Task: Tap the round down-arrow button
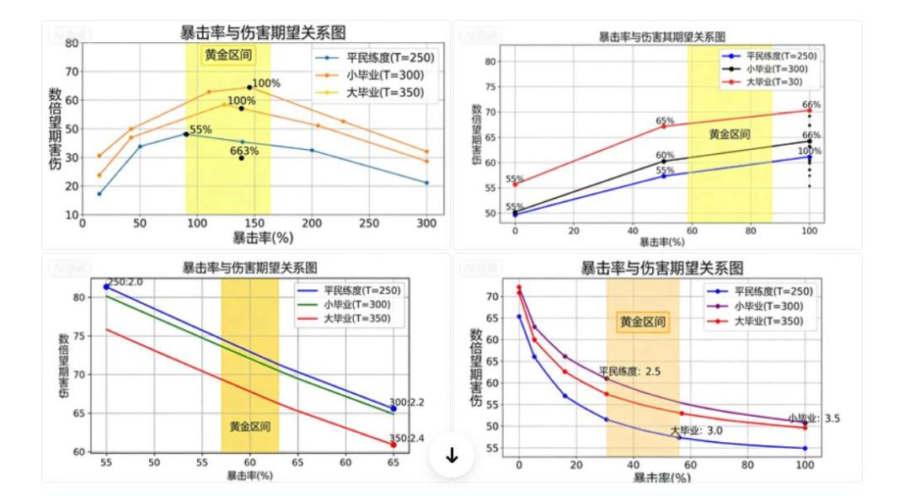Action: (x=452, y=456)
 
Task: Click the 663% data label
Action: (x=244, y=152)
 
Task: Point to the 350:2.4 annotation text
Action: (x=407, y=438)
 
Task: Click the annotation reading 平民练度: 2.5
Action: (x=629, y=371)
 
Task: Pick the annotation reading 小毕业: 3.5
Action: (x=814, y=418)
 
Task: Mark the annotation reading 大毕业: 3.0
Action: (x=696, y=431)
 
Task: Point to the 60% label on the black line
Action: (x=665, y=155)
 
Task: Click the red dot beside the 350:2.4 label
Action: (x=393, y=445)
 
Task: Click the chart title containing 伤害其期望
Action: (x=661, y=36)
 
